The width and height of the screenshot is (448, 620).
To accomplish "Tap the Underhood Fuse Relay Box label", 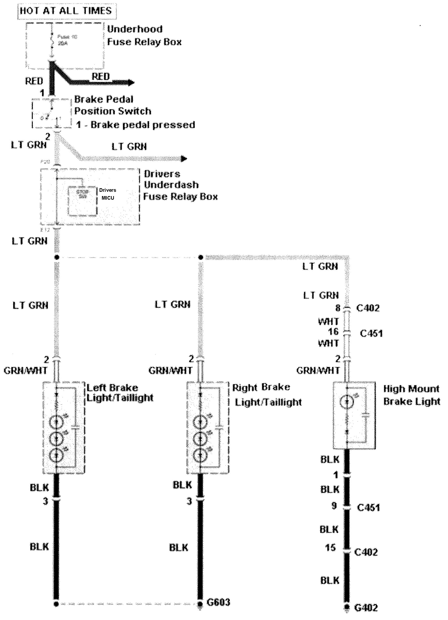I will click(144, 36).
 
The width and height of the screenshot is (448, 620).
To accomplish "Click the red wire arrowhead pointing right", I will click(131, 82).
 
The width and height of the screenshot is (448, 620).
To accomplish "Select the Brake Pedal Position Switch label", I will click(112, 105).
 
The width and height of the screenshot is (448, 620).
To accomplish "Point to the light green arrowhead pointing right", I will click(184, 159).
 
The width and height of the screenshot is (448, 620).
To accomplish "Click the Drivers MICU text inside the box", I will click(107, 194).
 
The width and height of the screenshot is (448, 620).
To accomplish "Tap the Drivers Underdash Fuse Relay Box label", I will click(180, 185).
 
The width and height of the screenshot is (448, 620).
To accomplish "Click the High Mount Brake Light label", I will click(412, 395).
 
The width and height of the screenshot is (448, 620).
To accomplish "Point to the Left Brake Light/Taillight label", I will click(120, 393).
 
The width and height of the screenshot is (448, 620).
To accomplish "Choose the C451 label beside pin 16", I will click(371, 333).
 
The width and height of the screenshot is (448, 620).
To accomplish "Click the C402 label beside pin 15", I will click(366, 552).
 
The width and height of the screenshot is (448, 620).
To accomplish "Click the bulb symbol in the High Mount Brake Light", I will click(347, 401).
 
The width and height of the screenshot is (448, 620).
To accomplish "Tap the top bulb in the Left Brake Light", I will click(56, 422).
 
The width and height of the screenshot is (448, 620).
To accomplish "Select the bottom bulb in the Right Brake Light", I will click(200, 455).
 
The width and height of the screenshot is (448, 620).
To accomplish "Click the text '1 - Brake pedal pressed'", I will click(136, 125).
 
